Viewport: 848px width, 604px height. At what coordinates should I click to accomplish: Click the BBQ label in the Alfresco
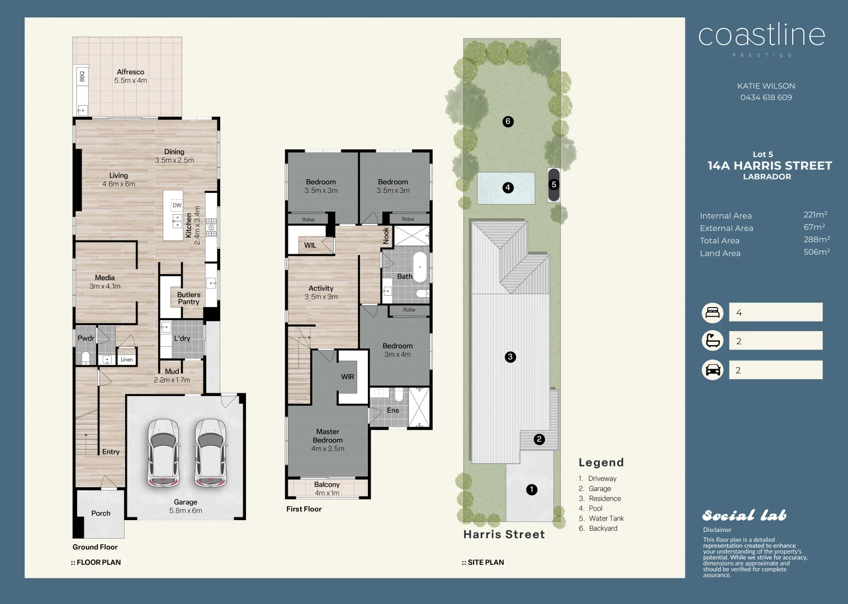(82, 76)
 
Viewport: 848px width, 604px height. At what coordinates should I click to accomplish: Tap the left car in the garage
(163, 452)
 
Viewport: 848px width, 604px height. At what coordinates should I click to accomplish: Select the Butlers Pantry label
(188, 298)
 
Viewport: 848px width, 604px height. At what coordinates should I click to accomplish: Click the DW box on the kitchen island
(177, 205)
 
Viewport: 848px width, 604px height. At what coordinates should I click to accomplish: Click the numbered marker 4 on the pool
(508, 187)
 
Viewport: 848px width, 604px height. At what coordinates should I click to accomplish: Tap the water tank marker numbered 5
(554, 184)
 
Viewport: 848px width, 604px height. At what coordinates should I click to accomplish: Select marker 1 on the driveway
(532, 489)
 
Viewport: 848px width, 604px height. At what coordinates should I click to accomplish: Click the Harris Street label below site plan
(504, 534)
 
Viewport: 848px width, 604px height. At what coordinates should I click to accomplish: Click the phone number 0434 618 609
(766, 97)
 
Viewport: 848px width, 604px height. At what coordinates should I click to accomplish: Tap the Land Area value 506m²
(816, 252)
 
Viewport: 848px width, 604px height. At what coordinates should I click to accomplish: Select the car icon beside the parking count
(712, 370)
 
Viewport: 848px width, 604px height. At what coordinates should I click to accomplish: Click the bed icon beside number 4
(712, 312)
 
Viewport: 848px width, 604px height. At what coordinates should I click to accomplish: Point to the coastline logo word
(761, 36)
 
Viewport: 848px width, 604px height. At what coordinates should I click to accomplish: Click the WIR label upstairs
(348, 377)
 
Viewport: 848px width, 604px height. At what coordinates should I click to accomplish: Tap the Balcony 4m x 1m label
(327, 488)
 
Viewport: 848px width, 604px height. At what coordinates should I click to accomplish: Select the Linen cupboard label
(127, 360)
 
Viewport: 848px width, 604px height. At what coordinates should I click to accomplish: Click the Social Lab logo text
(743, 516)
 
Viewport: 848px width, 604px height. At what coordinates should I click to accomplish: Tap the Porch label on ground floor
(101, 513)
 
